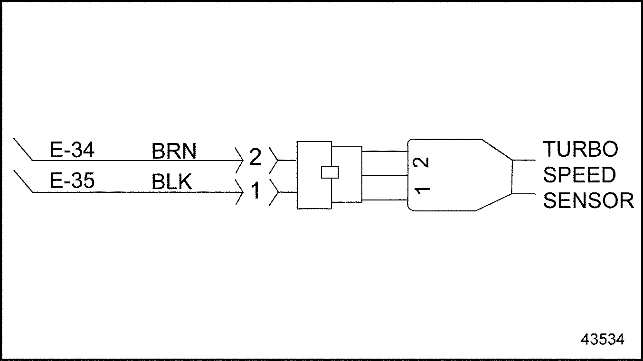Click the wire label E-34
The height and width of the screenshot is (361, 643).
72,151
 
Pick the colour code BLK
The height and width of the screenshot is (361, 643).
172,182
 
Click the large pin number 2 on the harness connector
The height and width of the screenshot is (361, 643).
255,157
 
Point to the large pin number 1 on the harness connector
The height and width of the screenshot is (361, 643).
255,191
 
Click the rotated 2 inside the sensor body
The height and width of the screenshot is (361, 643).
422,162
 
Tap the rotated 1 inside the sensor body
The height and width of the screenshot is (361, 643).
422,190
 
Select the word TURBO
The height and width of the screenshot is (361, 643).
580,150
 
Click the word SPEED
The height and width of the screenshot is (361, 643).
579,175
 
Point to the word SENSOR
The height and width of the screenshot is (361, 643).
588,201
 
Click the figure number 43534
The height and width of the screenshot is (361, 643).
602,340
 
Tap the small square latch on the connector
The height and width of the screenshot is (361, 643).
330,171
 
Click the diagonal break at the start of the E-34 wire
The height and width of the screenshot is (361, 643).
23,150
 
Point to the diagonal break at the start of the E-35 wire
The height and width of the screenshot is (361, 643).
23,181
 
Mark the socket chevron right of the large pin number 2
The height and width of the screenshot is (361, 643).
273,161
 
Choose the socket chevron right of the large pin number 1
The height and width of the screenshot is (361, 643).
273,192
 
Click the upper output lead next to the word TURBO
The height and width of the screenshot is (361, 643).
524,160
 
